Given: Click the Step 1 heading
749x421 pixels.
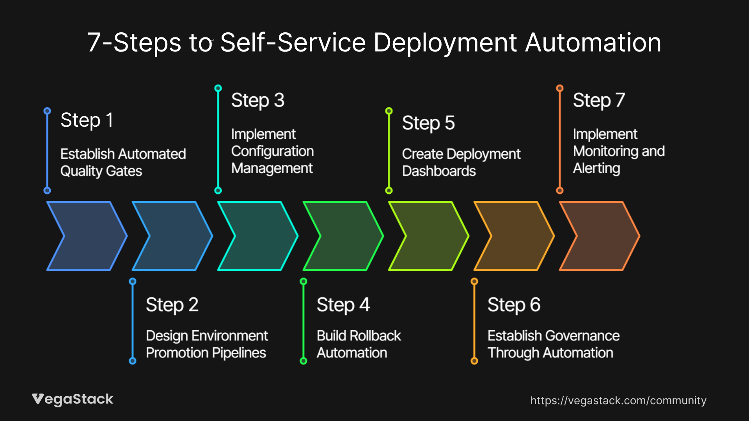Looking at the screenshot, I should click(x=87, y=120).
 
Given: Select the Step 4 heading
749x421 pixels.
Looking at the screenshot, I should click(x=343, y=305).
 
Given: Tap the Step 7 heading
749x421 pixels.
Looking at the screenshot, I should click(x=599, y=101).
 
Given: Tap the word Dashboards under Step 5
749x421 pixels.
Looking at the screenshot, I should click(x=439, y=171).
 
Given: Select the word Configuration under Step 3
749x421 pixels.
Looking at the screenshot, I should click(x=272, y=151).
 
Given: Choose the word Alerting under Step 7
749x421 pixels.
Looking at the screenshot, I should click(x=596, y=168).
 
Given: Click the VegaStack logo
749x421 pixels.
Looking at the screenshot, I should click(x=73, y=399).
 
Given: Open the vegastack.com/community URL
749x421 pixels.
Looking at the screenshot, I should click(x=618, y=400).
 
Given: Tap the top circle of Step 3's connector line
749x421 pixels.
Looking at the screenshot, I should click(x=218, y=88).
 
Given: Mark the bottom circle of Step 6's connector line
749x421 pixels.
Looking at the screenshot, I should click(x=474, y=361).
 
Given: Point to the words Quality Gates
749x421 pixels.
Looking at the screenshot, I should click(x=101, y=171).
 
